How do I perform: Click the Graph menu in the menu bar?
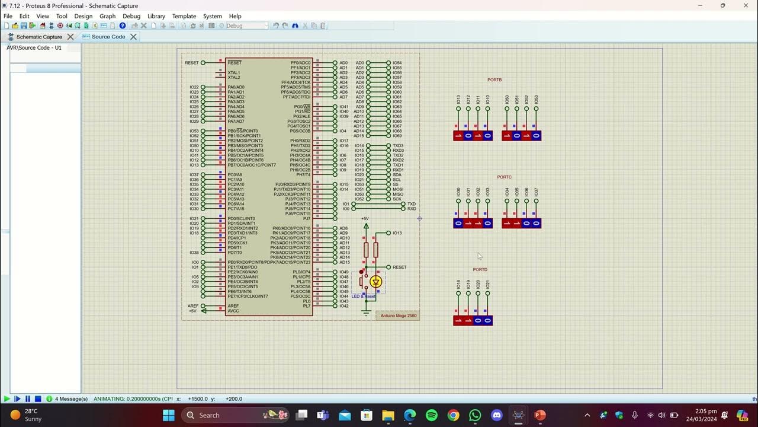pos(107,16)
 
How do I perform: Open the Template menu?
pos(184,16)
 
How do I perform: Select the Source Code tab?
pos(108,37)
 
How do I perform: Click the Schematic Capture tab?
pos(38,37)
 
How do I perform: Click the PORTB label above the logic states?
pos(494,79)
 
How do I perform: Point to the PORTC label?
pos(504,177)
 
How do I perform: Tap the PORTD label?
pos(480,269)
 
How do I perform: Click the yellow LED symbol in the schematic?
pos(376,282)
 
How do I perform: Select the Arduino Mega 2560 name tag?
pos(398,316)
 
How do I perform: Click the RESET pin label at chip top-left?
pos(235,63)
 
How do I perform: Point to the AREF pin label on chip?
pos(233,306)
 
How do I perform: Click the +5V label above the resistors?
pos(365,218)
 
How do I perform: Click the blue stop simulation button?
pos(38,399)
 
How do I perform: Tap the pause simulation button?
pos(27,399)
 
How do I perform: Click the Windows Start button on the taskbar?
pos(168,415)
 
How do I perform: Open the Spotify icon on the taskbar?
pos(432,415)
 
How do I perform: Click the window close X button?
pos(744,5)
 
